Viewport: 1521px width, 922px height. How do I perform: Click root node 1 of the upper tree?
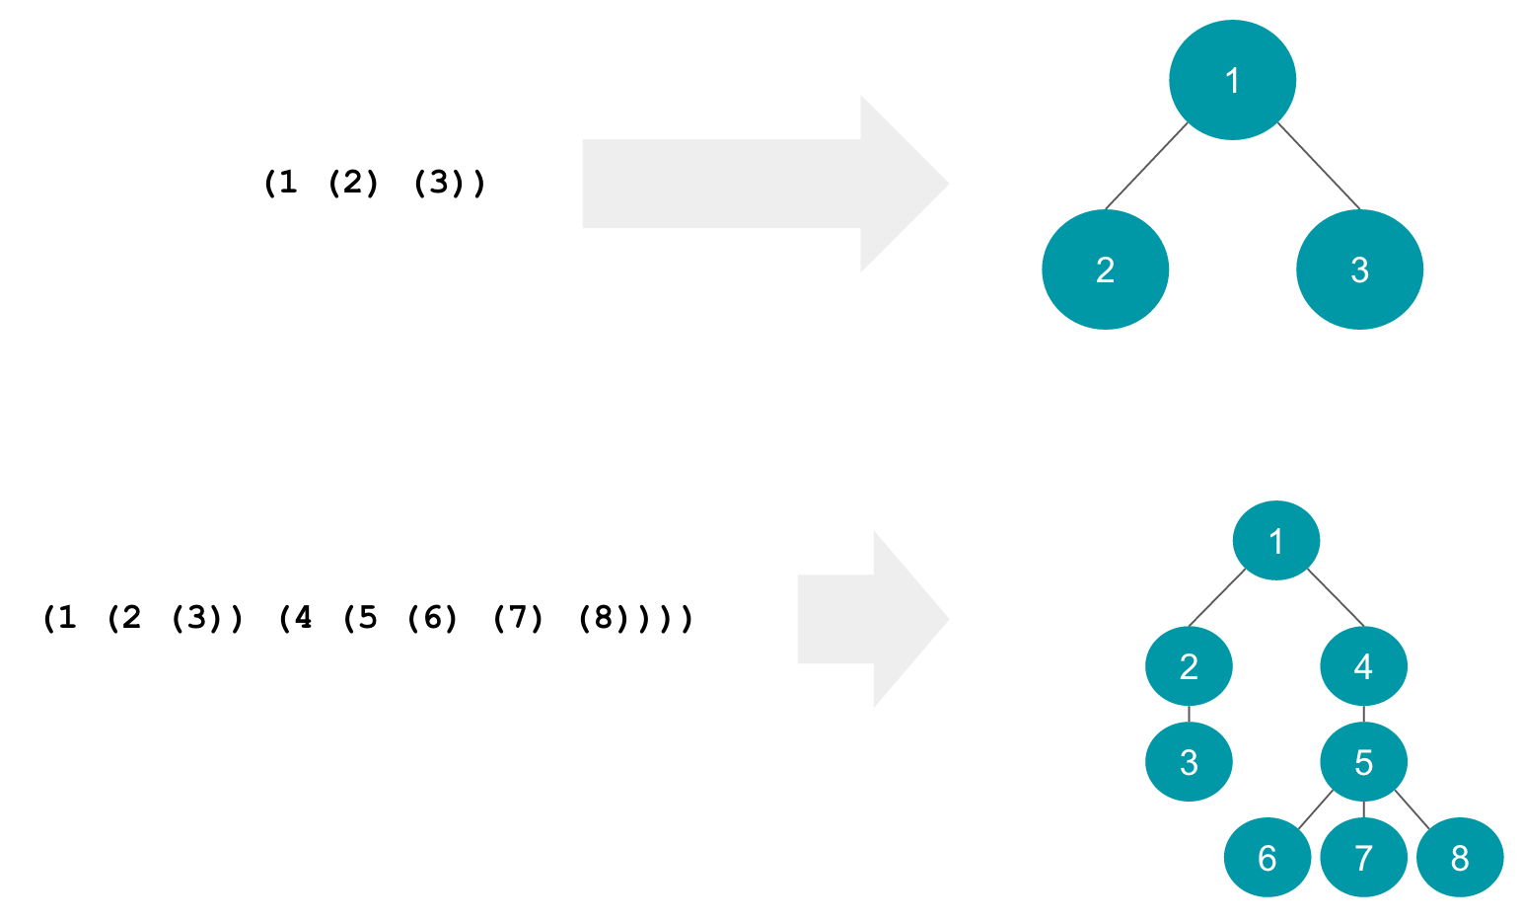1231,81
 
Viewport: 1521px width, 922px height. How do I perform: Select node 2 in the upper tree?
1105,269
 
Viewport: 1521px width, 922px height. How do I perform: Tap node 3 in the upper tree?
1359,269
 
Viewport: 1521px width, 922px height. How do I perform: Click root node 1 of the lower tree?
1275,540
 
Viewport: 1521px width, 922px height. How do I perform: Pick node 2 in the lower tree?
1189,666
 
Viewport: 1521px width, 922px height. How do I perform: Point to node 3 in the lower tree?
1189,762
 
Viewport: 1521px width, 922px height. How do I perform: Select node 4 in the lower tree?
1363,666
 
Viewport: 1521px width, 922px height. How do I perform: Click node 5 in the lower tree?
1363,762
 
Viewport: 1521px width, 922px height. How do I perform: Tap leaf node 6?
1267,858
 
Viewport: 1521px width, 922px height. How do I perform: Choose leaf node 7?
1363,858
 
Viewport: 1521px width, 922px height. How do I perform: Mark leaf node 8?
1460,858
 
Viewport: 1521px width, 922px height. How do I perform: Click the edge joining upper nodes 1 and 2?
1146,166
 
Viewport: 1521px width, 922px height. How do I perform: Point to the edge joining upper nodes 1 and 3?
1319,166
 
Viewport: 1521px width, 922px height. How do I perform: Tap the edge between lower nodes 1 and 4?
1336,597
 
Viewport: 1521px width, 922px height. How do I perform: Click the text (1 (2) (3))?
375,184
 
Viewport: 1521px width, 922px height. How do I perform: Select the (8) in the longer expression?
599,619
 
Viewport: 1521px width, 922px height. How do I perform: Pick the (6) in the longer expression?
431,619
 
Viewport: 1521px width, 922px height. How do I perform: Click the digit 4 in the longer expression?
303,619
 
